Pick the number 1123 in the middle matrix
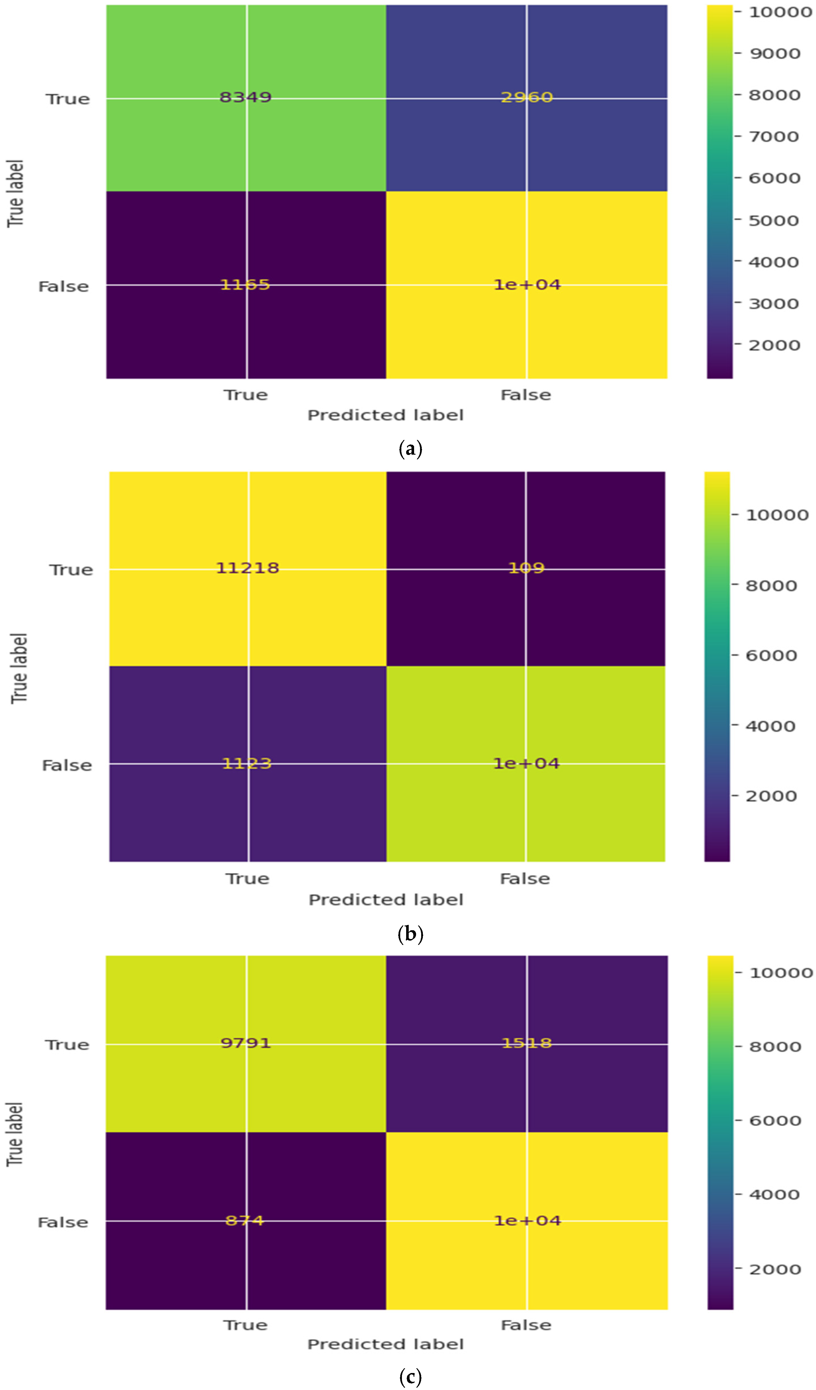click(247, 764)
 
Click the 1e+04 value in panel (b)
click(526, 764)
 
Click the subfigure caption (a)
click(410, 448)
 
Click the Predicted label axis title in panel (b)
click(386, 900)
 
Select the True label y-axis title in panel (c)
click(15, 1135)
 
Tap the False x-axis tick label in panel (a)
click(525, 395)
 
